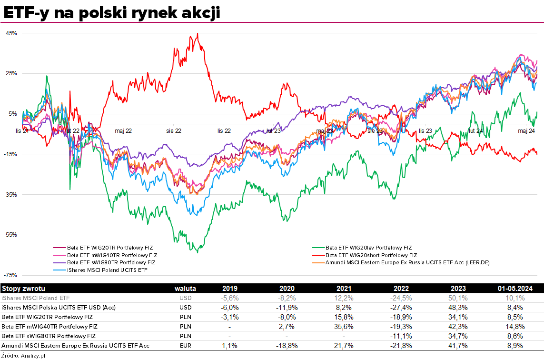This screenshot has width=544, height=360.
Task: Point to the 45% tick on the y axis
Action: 11,33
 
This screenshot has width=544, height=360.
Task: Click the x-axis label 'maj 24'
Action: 526,130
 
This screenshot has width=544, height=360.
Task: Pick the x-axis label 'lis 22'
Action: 224,130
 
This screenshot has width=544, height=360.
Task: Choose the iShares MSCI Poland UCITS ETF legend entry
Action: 107,270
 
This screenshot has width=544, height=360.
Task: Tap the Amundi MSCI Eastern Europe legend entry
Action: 407,262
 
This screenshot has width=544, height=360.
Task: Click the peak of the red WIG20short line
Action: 198,34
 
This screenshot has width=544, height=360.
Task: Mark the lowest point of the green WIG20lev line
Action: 197,252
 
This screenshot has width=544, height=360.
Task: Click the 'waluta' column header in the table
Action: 185,289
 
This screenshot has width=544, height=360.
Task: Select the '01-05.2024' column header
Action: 514,289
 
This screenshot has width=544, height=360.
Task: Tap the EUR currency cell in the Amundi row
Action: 185,345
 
